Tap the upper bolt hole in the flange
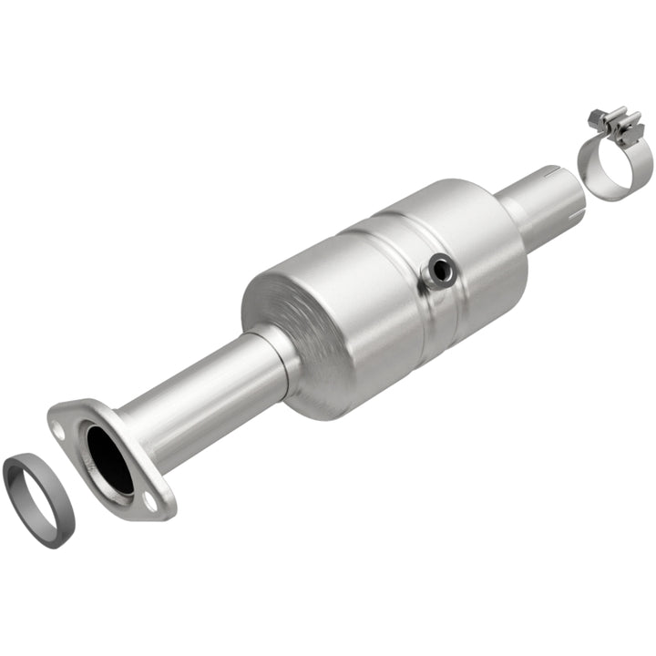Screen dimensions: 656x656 coord(58,431)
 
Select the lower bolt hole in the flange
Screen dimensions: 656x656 coord(150,499)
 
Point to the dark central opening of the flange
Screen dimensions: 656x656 coord(109,460)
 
